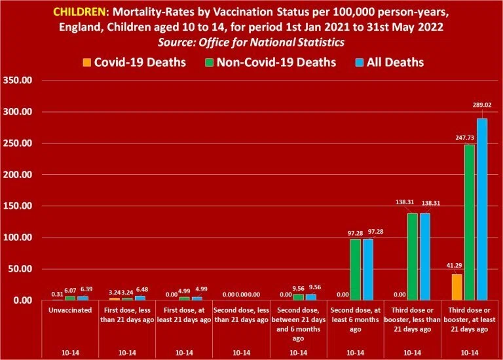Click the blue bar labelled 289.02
(x=482, y=209)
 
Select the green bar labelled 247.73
(x=470, y=223)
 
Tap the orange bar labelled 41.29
(x=456, y=287)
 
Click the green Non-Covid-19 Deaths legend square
(x=209, y=63)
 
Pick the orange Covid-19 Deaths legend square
(x=86, y=63)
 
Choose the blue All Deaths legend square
(x=360, y=63)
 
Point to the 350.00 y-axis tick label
(x=18, y=80)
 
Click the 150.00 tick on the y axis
(x=18, y=206)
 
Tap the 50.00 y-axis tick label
(x=20, y=268)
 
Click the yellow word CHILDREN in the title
(x=79, y=12)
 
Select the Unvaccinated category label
(x=70, y=310)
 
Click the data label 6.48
(x=142, y=289)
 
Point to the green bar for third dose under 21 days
(x=412, y=257)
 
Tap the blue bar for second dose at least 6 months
(x=368, y=270)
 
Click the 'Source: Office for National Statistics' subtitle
(x=251, y=43)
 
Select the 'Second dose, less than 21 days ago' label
(x=241, y=315)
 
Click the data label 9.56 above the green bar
(x=299, y=289)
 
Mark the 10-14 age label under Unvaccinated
(x=70, y=353)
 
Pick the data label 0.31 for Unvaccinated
(x=58, y=295)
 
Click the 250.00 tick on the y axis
(x=18, y=143)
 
